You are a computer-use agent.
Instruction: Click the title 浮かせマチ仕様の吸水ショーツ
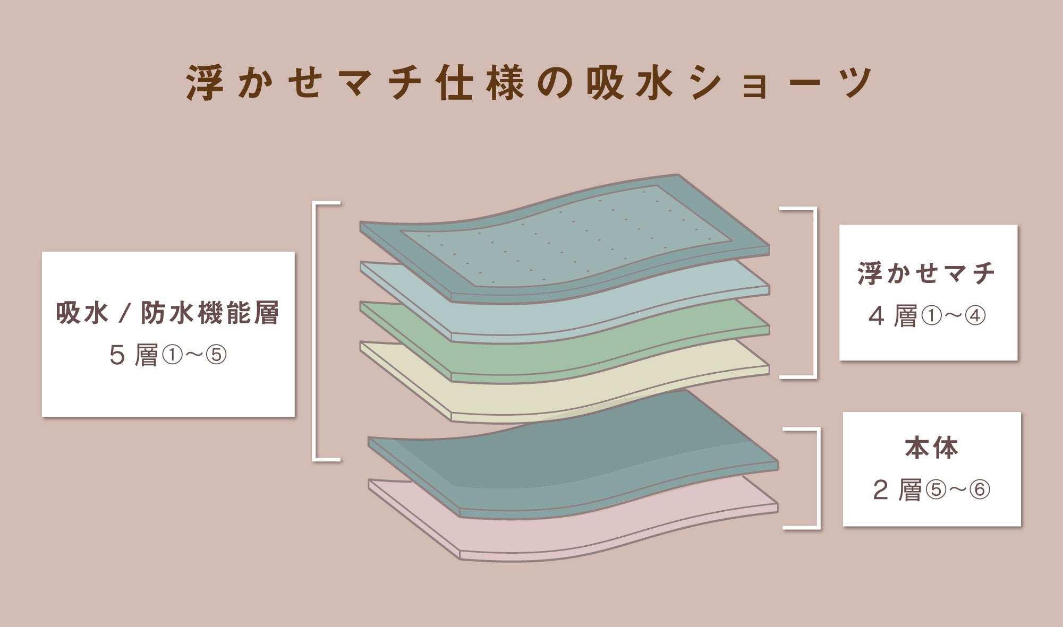(529, 83)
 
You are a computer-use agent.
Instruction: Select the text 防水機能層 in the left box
(210, 313)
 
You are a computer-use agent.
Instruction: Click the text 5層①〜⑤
(168, 355)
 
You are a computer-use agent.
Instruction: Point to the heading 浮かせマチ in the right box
(926, 273)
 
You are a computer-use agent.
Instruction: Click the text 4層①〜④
(927, 316)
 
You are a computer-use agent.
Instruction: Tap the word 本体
(931, 449)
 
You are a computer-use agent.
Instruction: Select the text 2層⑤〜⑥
(931, 490)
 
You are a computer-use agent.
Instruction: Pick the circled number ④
(975, 316)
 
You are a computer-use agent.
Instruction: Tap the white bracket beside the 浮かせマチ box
(814, 292)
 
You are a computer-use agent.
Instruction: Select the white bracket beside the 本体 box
(818, 478)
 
